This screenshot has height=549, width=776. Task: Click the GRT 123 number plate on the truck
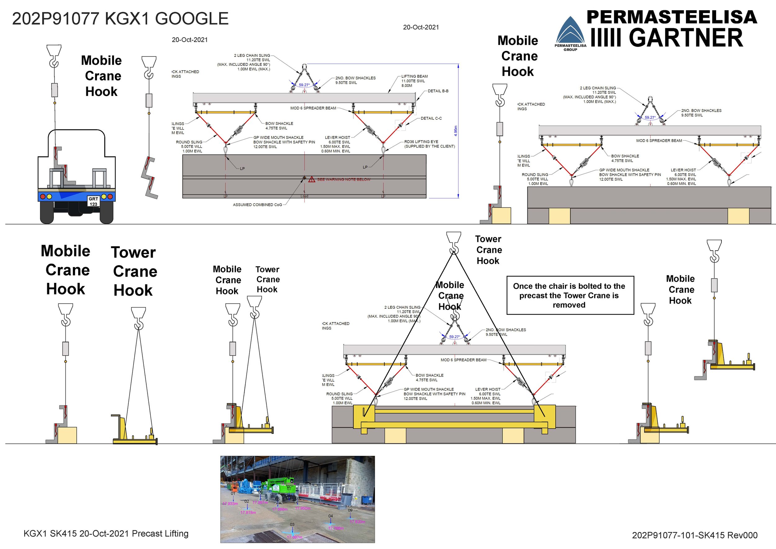pyautogui.click(x=93, y=202)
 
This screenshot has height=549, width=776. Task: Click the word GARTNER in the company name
pyautogui.click(x=686, y=38)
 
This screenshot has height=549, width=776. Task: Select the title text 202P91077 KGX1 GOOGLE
pyautogui.click(x=120, y=19)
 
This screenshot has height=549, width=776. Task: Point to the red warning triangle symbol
pyautogui.click(x=312, y=179)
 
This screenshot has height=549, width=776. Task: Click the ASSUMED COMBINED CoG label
pyautogui.click(x=257, y=205)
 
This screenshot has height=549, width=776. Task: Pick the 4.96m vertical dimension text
pyautogui.click(x=455, y=131)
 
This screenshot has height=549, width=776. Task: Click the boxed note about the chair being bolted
pyautogui.click(x=570, y=295)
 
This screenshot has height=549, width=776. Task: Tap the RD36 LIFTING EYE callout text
pyautogui.click(x=429, y=144)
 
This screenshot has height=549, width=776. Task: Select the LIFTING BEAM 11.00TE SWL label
pyautogui.click(x=414, y=81)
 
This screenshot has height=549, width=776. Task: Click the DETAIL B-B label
pyautogui.click(x=438, y=91)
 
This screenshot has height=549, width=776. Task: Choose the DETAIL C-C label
pyautogui.click(x=431, y=118)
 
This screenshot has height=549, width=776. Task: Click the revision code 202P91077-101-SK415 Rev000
pyautogui.click(x=695, y=535)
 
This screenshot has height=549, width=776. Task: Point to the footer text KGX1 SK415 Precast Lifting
pyautogui.click(x=106, y=533)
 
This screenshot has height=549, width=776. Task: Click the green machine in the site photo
pyautogui.click(x=280, y=485)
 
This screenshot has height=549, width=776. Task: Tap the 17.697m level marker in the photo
pyautogui.click(x=294, y=537)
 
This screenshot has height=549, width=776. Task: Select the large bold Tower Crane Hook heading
pyautogui.click(x=134, y=271)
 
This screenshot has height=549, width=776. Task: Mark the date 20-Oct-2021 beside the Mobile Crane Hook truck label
pyautogui.click(x=190, y=40)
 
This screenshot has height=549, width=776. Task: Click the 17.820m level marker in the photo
pyautogui.click(x=357, y=522)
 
